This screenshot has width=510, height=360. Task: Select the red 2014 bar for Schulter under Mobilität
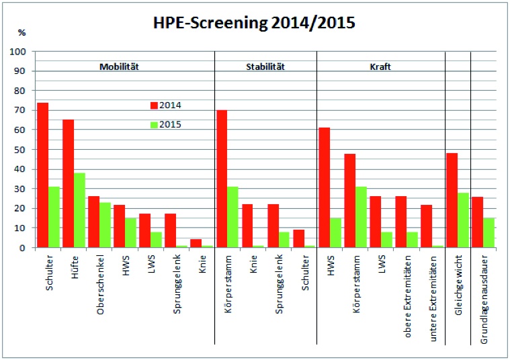click(42, 175)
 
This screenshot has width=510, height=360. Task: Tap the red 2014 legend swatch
click(153, 105)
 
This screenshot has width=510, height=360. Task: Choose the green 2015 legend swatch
click(153, 124)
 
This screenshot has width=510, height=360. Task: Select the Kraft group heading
click(380, 67)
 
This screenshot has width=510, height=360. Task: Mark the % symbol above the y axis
click(21, 32)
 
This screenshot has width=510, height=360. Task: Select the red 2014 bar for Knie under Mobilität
click(195, 243)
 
